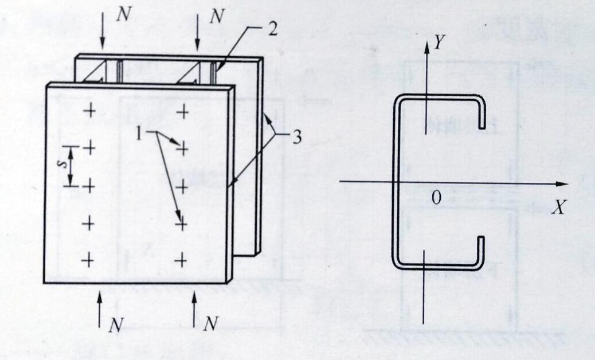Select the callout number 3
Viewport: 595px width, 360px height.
[x=296, y=138]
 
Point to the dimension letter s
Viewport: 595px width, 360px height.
[x=65, y=164]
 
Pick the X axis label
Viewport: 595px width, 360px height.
[x=558, y=208]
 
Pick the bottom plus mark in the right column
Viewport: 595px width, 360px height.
[x=181, y=261]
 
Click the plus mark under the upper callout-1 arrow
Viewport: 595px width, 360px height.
[x=182, y=149]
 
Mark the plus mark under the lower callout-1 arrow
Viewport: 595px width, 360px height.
[x=181, y=224]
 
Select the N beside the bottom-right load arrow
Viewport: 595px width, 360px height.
[x=211, y=324]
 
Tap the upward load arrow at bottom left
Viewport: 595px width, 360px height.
[x=100, y=310]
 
